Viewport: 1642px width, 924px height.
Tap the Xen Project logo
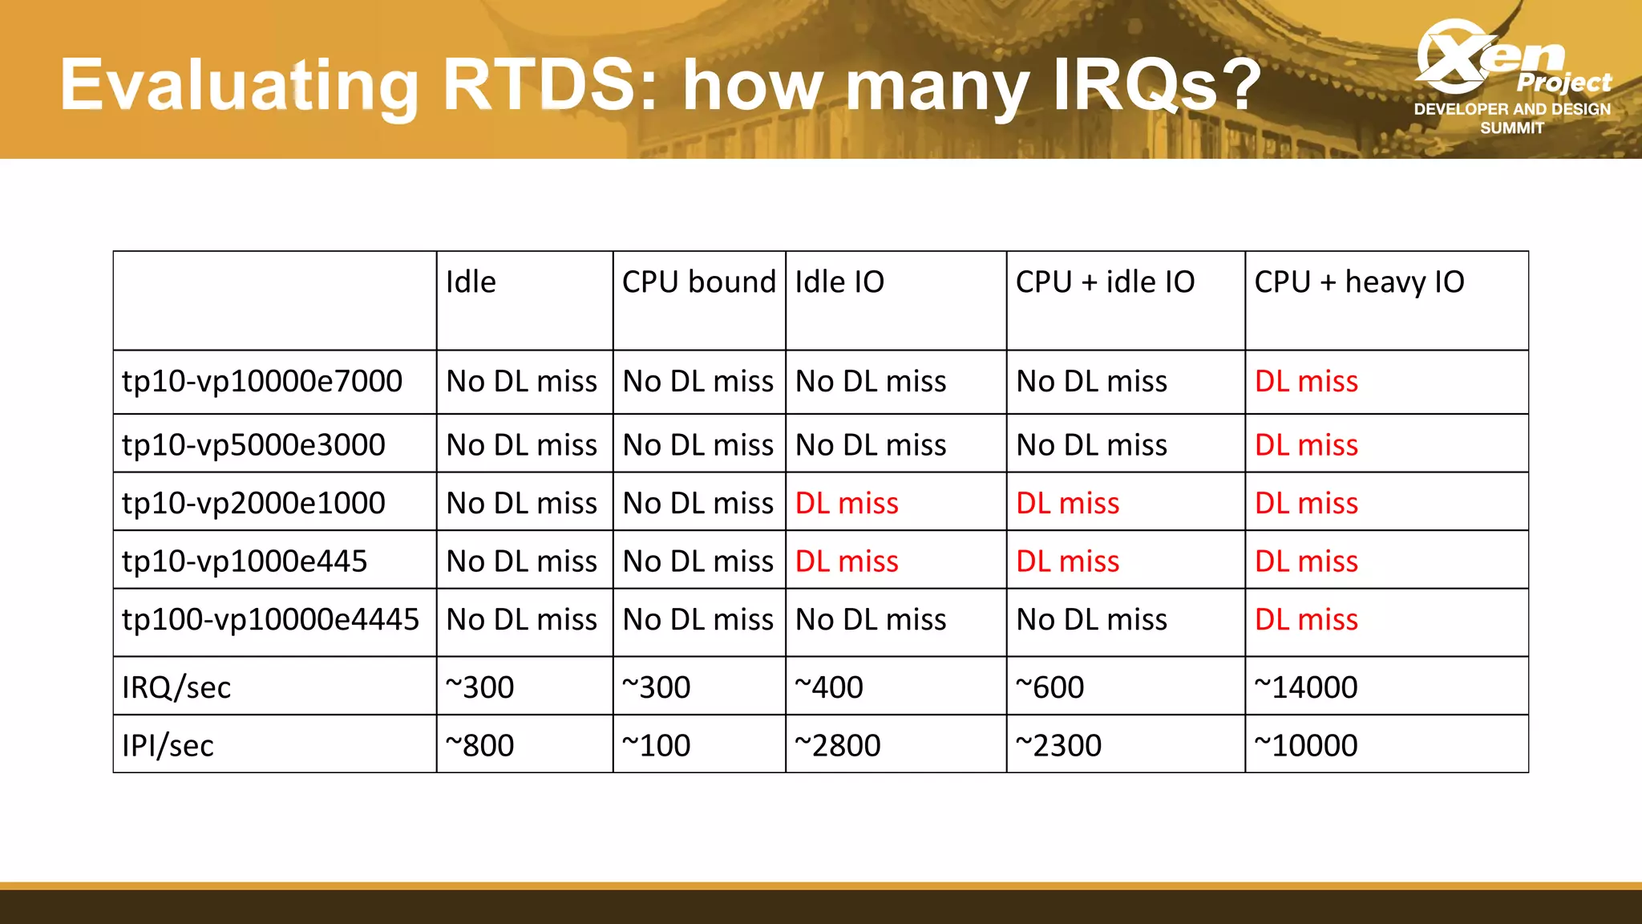pos(1512,76)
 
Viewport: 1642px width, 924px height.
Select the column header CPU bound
pos(698,282)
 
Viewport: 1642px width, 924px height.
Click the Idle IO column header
pos(839,282)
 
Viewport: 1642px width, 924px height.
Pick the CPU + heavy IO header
pos(1359,282)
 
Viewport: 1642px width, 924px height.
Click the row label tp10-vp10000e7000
pos(261,381)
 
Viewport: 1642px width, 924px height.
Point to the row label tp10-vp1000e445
pos(244,561)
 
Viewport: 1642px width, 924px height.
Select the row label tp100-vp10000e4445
pos(270,619)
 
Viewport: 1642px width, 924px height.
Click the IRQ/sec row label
pos(176,687)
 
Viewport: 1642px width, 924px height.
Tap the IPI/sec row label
pos(168,746)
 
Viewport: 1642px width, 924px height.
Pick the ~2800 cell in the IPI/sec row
pos(837,746)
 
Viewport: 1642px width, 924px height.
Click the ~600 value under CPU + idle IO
pos(1050,687)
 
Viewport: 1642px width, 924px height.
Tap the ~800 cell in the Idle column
pos(479,746)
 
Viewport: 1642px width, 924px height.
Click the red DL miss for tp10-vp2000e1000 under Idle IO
pos(847,504)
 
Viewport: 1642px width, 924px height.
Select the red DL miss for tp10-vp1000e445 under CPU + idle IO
pos(1067,561)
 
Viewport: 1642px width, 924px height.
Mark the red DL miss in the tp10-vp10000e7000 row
pos(1306,381)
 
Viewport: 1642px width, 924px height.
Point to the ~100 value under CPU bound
pos(656,746)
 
